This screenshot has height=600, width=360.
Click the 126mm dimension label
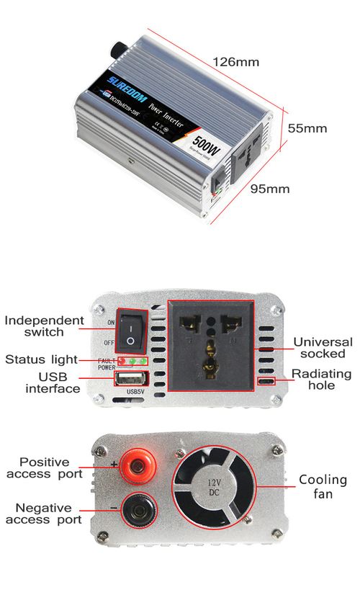coord(235,62)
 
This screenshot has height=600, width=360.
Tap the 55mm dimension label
coord(307,128)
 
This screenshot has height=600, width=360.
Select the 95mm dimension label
coord(269,189)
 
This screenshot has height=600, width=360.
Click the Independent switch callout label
coord(44,326)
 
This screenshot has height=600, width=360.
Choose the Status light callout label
coord(45,359)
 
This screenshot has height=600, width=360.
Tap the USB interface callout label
coord(53,382)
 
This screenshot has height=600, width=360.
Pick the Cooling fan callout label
coord(323,486)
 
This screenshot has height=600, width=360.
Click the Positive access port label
coord(44,467)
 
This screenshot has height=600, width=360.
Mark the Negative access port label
coord(44,513)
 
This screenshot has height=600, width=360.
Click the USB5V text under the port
coord(136,393)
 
